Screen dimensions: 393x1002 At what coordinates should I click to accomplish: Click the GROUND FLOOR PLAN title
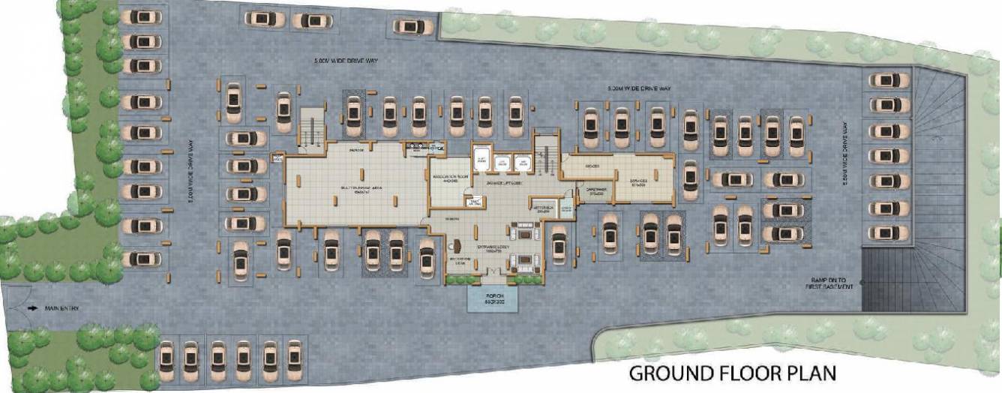[731, 373]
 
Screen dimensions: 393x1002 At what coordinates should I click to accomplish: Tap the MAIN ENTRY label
[62, 308]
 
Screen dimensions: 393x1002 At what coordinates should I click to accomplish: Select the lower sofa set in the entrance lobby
[521, 262]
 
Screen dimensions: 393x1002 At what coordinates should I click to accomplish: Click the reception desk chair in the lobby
[456, 244]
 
